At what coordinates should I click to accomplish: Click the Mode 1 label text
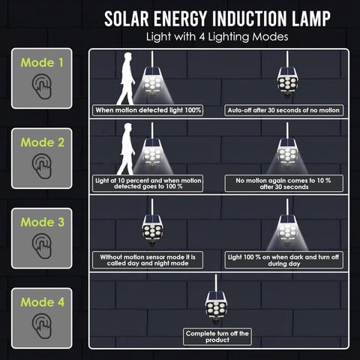click(x=42, y=62)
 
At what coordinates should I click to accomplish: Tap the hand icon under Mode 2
click(x=42, y=166)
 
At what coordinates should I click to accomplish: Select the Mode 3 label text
click(x=43, y=222)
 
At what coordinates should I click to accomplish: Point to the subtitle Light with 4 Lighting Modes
click(x=217, y=37)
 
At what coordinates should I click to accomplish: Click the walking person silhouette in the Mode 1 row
click(x=126, y=79)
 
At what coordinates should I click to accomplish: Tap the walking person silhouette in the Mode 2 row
click(x=126, y=149)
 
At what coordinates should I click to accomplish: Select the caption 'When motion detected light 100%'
click(x=148, y=110)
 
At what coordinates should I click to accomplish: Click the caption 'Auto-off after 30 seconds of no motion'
click(x=283, y=110)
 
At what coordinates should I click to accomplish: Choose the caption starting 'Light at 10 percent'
click(x=148, y=184)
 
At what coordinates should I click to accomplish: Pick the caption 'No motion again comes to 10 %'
click(x=283, y=184)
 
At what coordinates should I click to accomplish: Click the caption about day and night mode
click(x=148, y=260)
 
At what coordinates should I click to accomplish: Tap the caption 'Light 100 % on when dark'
click(x=283, y=260)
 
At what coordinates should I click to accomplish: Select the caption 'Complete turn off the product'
click(x=217, y=337)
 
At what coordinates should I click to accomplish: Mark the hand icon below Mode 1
click(x=42, y=86)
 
